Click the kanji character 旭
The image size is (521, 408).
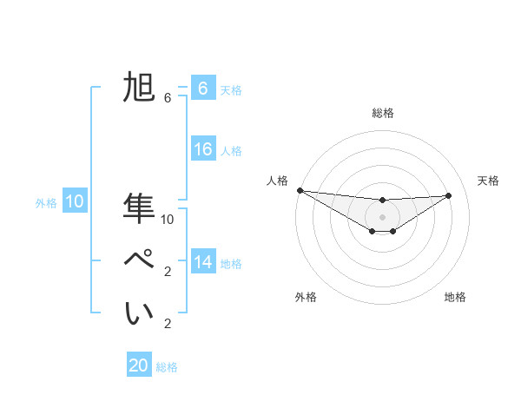tap(139, 89)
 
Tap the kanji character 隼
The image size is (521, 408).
tap(139, 208)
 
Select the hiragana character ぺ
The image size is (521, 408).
tap(139, 260)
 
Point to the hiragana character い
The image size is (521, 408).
tap(139, 313)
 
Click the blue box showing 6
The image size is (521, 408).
tap(202, 89)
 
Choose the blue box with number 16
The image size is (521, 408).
tap(202, 149)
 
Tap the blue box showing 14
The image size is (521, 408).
tap(202, 262)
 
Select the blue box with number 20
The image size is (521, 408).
tap(139, 365)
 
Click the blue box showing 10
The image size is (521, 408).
tap(75, 202)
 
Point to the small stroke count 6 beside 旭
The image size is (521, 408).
tap(167, 98)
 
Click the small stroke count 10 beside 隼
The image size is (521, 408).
tap(168, 220)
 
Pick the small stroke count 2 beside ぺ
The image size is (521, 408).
tap(167, 272)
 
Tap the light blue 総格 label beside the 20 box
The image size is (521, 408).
tap(167, 367)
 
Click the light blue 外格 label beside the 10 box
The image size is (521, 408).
tap(46, 203)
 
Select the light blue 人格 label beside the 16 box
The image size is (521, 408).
tap(231, 151)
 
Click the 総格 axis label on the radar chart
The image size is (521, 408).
tap(382, 113)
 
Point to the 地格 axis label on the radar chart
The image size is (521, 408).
tap(455, 297)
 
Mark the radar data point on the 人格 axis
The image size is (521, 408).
tap(300, 190)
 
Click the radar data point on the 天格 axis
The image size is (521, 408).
tap(449, 195)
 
